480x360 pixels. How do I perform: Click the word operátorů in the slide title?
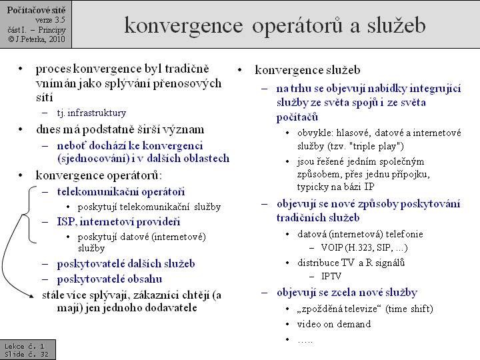pos(298,25)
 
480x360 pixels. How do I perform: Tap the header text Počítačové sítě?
pos(35,9)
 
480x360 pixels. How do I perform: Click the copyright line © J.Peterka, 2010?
pos(37,39)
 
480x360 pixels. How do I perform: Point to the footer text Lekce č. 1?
pos(25,346)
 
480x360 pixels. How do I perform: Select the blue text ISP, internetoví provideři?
pos(119,221)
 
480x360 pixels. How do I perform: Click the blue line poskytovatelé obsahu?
pos(109,279)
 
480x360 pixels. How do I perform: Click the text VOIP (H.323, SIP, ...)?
pos(365,247)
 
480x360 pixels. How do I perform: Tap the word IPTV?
pos(332,276)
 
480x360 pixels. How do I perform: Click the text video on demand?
pos(334,324)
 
